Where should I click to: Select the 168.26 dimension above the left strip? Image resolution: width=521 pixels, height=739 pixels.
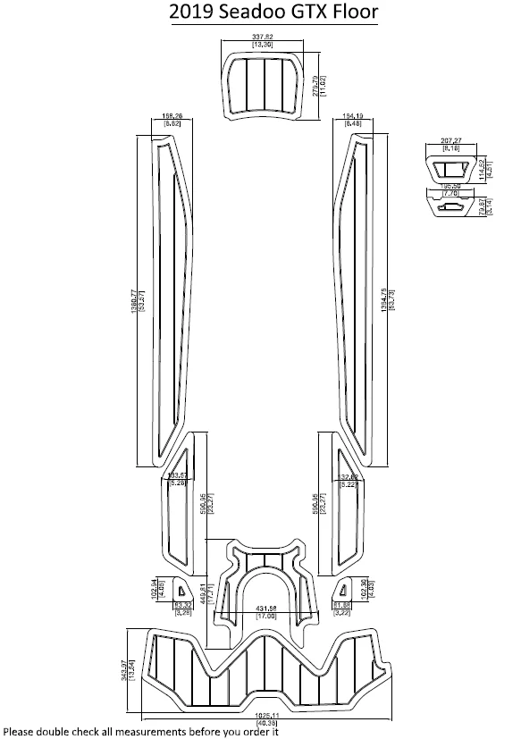pyautogui.click(x=173, y=117)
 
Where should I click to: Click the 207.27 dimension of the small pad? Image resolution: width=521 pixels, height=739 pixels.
pyautogui.click(x=462, y=141)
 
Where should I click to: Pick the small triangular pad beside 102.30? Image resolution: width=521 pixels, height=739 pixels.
pyautogui.click(x=344, y=589)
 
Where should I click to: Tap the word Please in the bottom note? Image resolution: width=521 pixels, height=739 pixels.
pyautogui.click(x=21, y=731)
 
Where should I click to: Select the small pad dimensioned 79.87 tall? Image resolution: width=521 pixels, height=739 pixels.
pyautogui.click(x=452, y=206)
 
